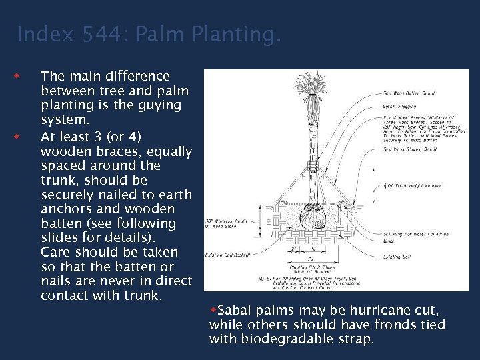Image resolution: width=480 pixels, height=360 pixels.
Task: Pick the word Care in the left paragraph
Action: pos(57,252)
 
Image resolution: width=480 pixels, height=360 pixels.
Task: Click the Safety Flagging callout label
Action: pos(399,106)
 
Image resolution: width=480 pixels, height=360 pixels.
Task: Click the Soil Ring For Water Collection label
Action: pos(415,235)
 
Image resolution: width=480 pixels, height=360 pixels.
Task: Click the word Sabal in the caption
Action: pos(233,311)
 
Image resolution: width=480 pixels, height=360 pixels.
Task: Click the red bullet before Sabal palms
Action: pos(213,310)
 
